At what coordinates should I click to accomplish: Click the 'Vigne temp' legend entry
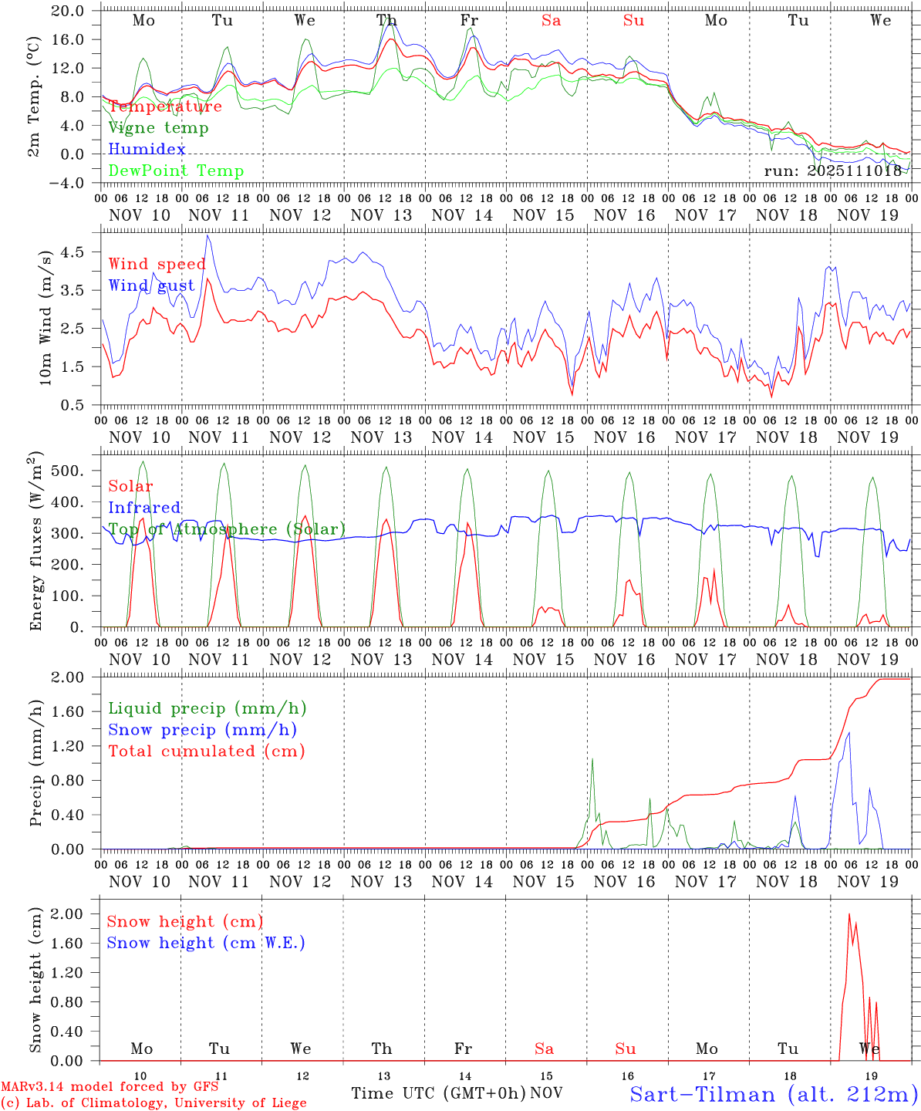click(158, 128)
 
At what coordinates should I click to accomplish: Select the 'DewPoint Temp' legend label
click(176, 171)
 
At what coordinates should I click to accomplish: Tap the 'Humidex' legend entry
click(147, 150)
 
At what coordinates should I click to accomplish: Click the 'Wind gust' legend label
click(151, 286)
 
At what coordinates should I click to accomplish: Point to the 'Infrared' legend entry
click(144, 508)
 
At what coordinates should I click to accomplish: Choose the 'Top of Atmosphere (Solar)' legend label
click(227, 529)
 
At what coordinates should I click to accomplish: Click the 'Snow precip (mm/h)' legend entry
click(202, 730)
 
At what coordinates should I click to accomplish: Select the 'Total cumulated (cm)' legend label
click(207, 751)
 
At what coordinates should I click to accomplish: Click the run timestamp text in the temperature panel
click(833, 171)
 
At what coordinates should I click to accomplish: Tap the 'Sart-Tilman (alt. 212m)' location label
click(774, 1094)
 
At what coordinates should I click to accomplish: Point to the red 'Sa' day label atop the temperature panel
click(551, 21)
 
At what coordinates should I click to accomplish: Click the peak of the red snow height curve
click(849, 914)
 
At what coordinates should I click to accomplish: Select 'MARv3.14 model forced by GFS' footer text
click(110, 1087)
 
